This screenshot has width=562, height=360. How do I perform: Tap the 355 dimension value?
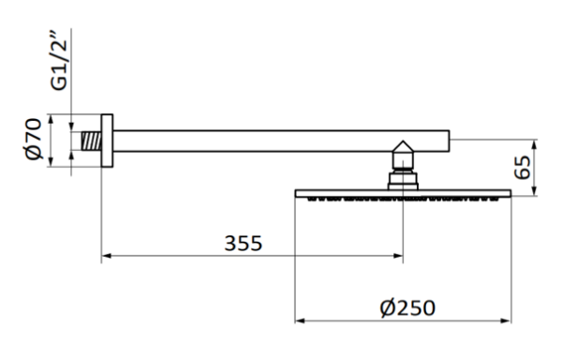click(x=243, y=244)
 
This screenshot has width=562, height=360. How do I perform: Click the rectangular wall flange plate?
click(x=106, y=143)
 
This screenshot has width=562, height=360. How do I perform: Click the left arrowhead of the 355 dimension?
click(x=106, y=254)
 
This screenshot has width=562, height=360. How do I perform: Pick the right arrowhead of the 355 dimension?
click(x=400, y=254)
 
